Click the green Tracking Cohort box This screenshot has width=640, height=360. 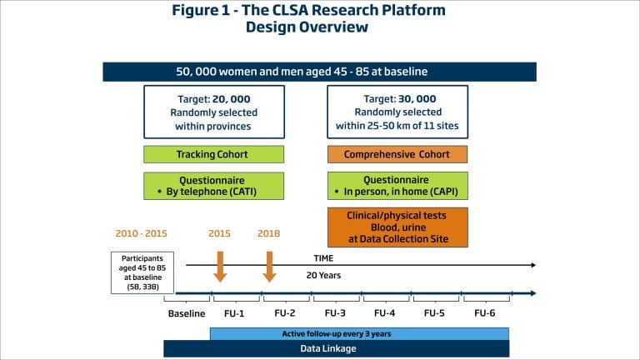(x=214, y=154)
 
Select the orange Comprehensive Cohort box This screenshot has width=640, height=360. (x=397, y=154)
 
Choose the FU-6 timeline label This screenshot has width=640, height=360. (x=485, y=313)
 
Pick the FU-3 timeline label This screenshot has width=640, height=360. (x=336, y=313)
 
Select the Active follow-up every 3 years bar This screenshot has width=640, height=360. (x=359, y=333)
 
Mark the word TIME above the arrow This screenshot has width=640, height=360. (x=324, y=258)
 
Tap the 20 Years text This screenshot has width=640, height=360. (x=324, y=275)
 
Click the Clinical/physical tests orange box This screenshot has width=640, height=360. (x=397, y=226)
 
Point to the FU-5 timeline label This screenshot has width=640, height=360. (x=435, y=313)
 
